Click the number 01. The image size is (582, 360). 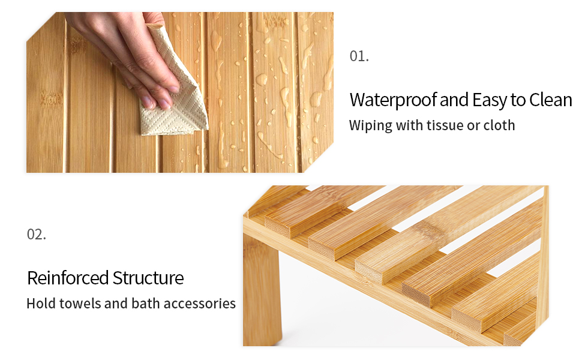pos(359,56)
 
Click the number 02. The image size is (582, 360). pos(37,234)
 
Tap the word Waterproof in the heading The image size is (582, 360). pos(394,100)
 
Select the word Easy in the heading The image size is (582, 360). pos(489,100)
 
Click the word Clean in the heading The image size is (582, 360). pos(551,100)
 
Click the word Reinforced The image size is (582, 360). pos(68,278)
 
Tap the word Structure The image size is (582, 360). pos(148,278)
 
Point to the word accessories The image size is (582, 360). pos(199,304)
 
